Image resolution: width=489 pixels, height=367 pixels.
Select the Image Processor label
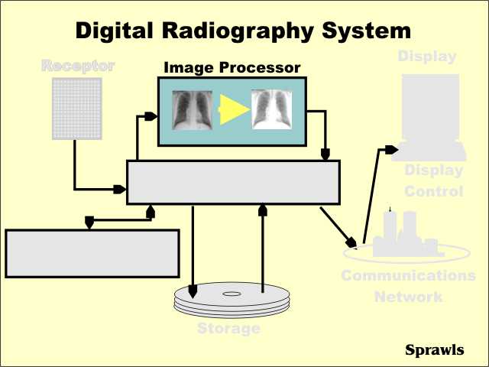point(232,67)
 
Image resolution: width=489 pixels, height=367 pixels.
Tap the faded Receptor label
point(78,66)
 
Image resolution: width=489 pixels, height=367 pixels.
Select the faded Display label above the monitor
point(427,56)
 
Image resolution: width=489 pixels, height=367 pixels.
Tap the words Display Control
point(433,181)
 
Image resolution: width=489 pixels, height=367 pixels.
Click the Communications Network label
point(408,285)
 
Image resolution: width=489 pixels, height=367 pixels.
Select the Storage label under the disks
point(229,329)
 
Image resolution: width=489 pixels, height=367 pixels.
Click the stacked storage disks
point(232,300)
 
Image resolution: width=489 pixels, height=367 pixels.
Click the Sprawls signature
point(434,350)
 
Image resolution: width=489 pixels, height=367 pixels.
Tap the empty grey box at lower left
point(92,253)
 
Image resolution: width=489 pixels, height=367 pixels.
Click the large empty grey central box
point(233,182)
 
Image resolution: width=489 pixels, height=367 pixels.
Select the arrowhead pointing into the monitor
point(390,150)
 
